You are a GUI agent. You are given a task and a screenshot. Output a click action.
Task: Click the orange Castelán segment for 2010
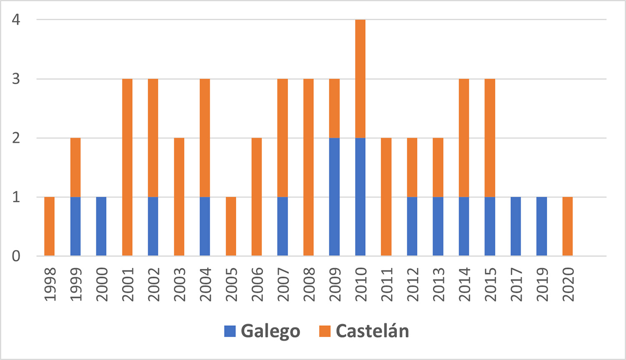pyautogui.click(x=360, y=79)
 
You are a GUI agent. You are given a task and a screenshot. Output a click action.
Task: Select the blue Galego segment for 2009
pyautogui.click(x=334, y=197)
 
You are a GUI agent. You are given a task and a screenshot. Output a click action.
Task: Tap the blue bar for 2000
pyautogui.click(x=101, y=226)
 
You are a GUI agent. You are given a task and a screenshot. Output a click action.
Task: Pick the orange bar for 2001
pyautogui.click(x=127, y=167)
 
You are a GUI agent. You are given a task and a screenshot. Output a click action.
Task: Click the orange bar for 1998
pyautogui.click(x=49, y=226)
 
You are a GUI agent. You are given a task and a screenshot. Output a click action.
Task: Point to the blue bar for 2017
pyautogui.click(x=516, y=226)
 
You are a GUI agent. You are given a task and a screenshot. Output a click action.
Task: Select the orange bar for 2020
pyautogui.click(x=568, y=226)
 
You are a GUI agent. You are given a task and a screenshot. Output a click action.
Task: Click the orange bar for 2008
pyautogui.click(x=308, y=167)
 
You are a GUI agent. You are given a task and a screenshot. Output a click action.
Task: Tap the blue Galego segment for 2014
pyautogui.click(x=464, y=226)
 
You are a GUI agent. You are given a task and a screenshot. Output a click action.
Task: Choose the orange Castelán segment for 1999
pyautogui.click(x=76, y=167)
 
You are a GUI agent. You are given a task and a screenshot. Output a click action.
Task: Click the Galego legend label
pyautogui.click(x=270, y=331)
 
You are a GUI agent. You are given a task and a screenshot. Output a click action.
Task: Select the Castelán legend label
pyautogui.click(x=372, y=331)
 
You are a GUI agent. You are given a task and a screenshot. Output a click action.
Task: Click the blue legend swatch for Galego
pyautogui.click(x=230, y=331)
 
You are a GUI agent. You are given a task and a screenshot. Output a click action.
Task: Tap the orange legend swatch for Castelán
pyautogui.click(x=325, y=331)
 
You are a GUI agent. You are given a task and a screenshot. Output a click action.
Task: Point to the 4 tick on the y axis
pyautogui.click(x=16, y=20)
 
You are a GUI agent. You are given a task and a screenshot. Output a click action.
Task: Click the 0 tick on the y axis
pyautogui.click(x=16, y=256)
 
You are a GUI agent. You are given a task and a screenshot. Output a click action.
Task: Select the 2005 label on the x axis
pyautogui.click(x=231, y=285)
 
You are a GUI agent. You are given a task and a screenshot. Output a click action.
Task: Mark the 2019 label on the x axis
pyautogui.click(x=542, y=285)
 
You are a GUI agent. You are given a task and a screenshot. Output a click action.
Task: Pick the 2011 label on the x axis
pyautogui.click(x=386, y=285)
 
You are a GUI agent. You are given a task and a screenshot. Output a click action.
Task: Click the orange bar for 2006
pyautogui.click(x=257, y=197)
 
